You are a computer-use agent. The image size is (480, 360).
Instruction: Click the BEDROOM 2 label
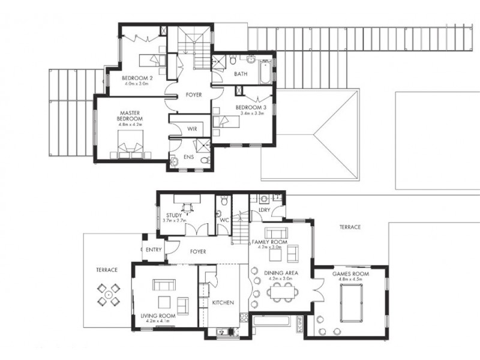click(137, 79)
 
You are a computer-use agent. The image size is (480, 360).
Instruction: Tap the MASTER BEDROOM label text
click(130, 115)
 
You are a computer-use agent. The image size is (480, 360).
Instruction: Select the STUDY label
click(175, 215)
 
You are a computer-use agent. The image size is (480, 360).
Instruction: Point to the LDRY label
click(264, 211)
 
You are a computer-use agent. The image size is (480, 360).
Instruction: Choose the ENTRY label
click(154, 250)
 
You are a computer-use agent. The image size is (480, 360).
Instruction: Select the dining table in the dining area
click(283, 293)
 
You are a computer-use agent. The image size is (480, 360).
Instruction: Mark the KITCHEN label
click(223, 302)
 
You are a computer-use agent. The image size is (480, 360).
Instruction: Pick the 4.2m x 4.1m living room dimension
click(158, 322)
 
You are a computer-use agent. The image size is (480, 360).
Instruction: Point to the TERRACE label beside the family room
click(350, 227)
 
